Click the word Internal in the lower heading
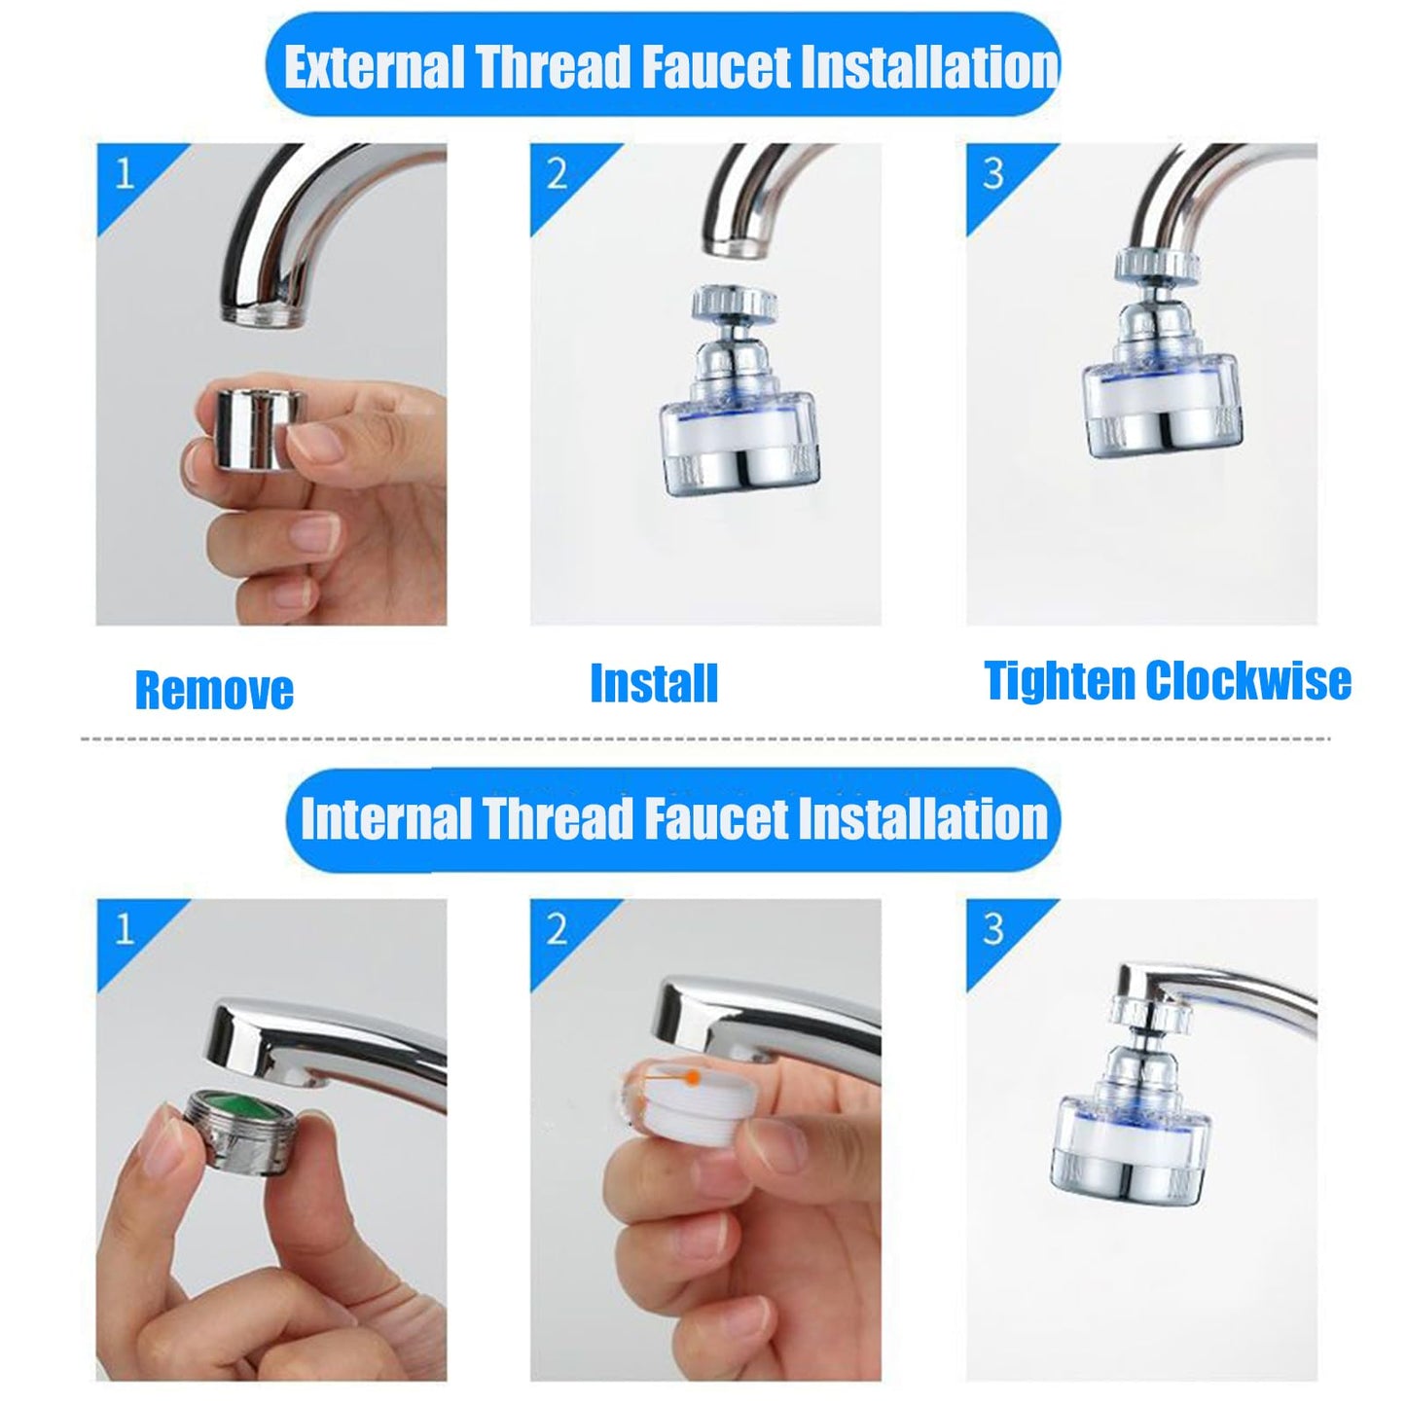tap(385, 818)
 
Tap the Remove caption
tap(214, 690)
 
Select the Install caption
tap(654, 683)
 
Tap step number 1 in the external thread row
tap(125, 174)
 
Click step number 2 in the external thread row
tap(557, 174)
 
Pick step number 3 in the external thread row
tap(992, 174)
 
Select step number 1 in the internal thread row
tap(125, 929)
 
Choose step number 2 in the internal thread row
tap(557, 929)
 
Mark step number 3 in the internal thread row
tap(992, 929)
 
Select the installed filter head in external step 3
tap(1160, 370)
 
